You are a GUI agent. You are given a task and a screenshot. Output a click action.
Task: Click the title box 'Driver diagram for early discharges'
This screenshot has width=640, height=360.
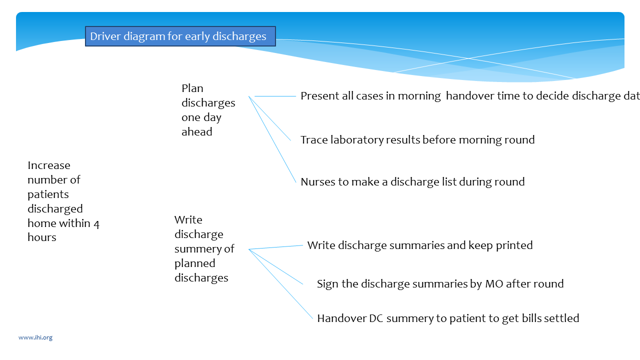[x=180, y=36]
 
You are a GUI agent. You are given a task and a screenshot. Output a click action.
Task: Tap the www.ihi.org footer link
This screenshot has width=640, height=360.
[x=35, y=337]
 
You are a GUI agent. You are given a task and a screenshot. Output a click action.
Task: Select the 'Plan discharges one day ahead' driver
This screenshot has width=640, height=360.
[x=208, y=110]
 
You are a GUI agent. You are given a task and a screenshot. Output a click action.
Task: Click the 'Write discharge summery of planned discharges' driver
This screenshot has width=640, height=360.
[x=204, y=248]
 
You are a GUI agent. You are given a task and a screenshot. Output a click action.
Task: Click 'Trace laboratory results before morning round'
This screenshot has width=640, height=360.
[x=417, y=140]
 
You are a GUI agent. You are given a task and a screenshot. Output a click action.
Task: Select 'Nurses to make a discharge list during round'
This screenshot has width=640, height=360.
[x=412, y=182]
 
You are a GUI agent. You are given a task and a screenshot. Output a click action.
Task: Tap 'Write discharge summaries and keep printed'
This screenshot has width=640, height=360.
[x=420, y=245]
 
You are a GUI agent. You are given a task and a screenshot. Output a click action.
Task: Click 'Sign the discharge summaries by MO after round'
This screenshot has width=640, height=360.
[x=440, y=284]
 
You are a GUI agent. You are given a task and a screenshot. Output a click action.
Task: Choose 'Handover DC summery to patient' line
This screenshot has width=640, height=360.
[x=448, y=318]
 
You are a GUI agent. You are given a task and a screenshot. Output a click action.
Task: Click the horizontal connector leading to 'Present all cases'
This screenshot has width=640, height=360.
[x=275, y=96]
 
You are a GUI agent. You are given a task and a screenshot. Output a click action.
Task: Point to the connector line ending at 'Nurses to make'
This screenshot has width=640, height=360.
[x=273, y=140]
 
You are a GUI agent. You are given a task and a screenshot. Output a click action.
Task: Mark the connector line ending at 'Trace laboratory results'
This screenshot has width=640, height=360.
[x=270, y=118]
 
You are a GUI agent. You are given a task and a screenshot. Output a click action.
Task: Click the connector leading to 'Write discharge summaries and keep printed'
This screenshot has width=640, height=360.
[x=276, y=247]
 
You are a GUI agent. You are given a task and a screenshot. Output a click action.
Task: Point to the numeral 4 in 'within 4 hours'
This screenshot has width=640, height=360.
[x=96, y=223]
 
